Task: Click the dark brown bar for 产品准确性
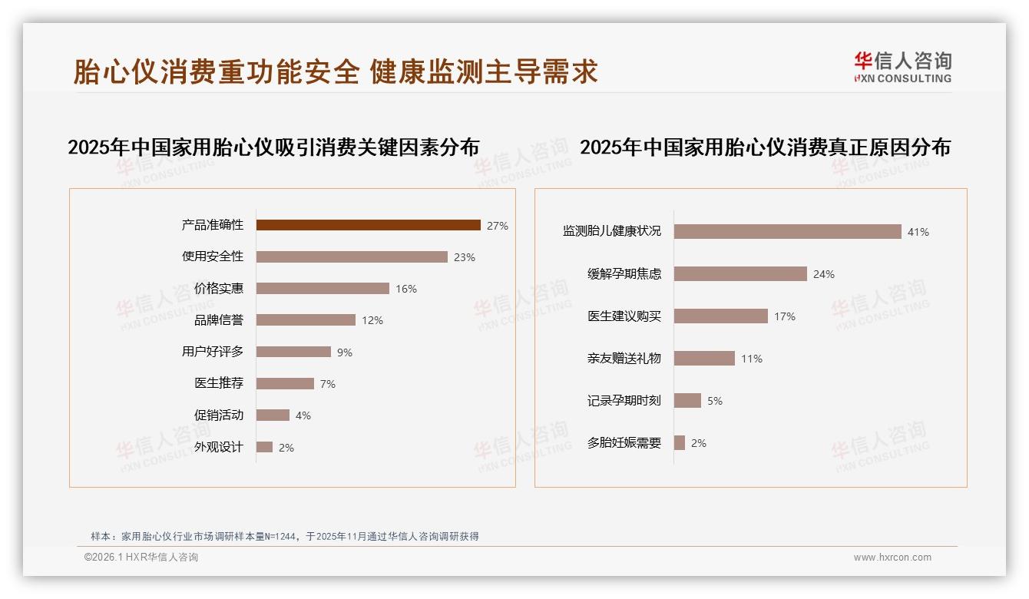click(368, 225)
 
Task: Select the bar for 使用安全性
click(352, 256)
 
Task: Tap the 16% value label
click(406, 289)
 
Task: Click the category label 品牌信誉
click(218, 320)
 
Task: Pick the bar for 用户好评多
click(293, 352)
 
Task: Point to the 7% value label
click(328, 384)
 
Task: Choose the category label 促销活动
click(218, 415)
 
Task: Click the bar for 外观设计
click(264, 447)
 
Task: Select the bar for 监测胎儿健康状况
click(787, 231)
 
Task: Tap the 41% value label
click(918, 232)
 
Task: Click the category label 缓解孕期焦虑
click(624, 274)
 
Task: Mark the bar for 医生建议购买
click(720, 316)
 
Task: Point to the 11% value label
click(751, 359)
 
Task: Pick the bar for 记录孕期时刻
click(687, 400)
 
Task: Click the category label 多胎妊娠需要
click(624, 443)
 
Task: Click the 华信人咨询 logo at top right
click(902, 67)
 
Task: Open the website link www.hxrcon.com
click(892, 558)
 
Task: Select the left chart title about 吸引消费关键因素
click(273, 147)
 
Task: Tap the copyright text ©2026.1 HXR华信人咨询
click(141, 558)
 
